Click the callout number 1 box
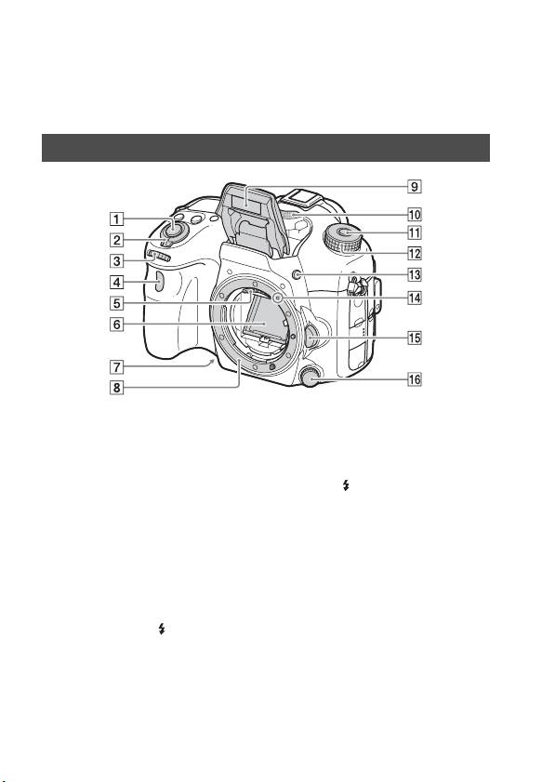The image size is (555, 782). [116, 219]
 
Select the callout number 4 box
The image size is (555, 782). [116, 283]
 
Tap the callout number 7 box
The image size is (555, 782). [116, 367]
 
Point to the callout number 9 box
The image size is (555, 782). [415, 187]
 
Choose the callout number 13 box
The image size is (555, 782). [415, 275]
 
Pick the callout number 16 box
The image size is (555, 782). [415, 379]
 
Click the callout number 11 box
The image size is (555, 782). [415, 232]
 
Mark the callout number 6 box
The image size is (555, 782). [116, 325]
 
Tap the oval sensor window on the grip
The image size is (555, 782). [159, 284]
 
